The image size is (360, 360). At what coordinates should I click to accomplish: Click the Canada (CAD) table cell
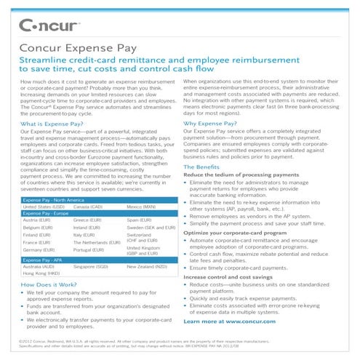coord(89,206)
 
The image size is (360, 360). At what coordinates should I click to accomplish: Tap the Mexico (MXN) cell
coord(143,206)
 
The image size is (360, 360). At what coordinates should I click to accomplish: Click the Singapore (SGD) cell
coord(92,267)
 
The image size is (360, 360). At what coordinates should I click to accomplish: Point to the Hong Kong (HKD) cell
coord(41,274)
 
